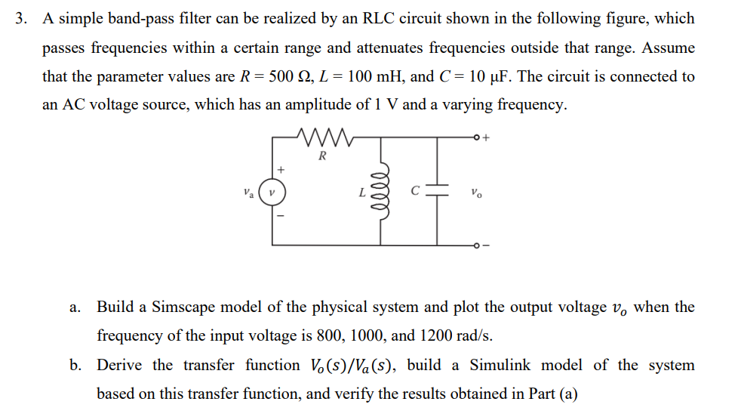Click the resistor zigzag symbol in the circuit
tap(322, 138)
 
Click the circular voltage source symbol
tap(272, 192)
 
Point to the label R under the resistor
tap(322, 157)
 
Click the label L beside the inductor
tap(364, 193)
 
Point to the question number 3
tap(22, 19)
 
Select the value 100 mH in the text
tap(366, 76)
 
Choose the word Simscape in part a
tap(184, 307)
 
